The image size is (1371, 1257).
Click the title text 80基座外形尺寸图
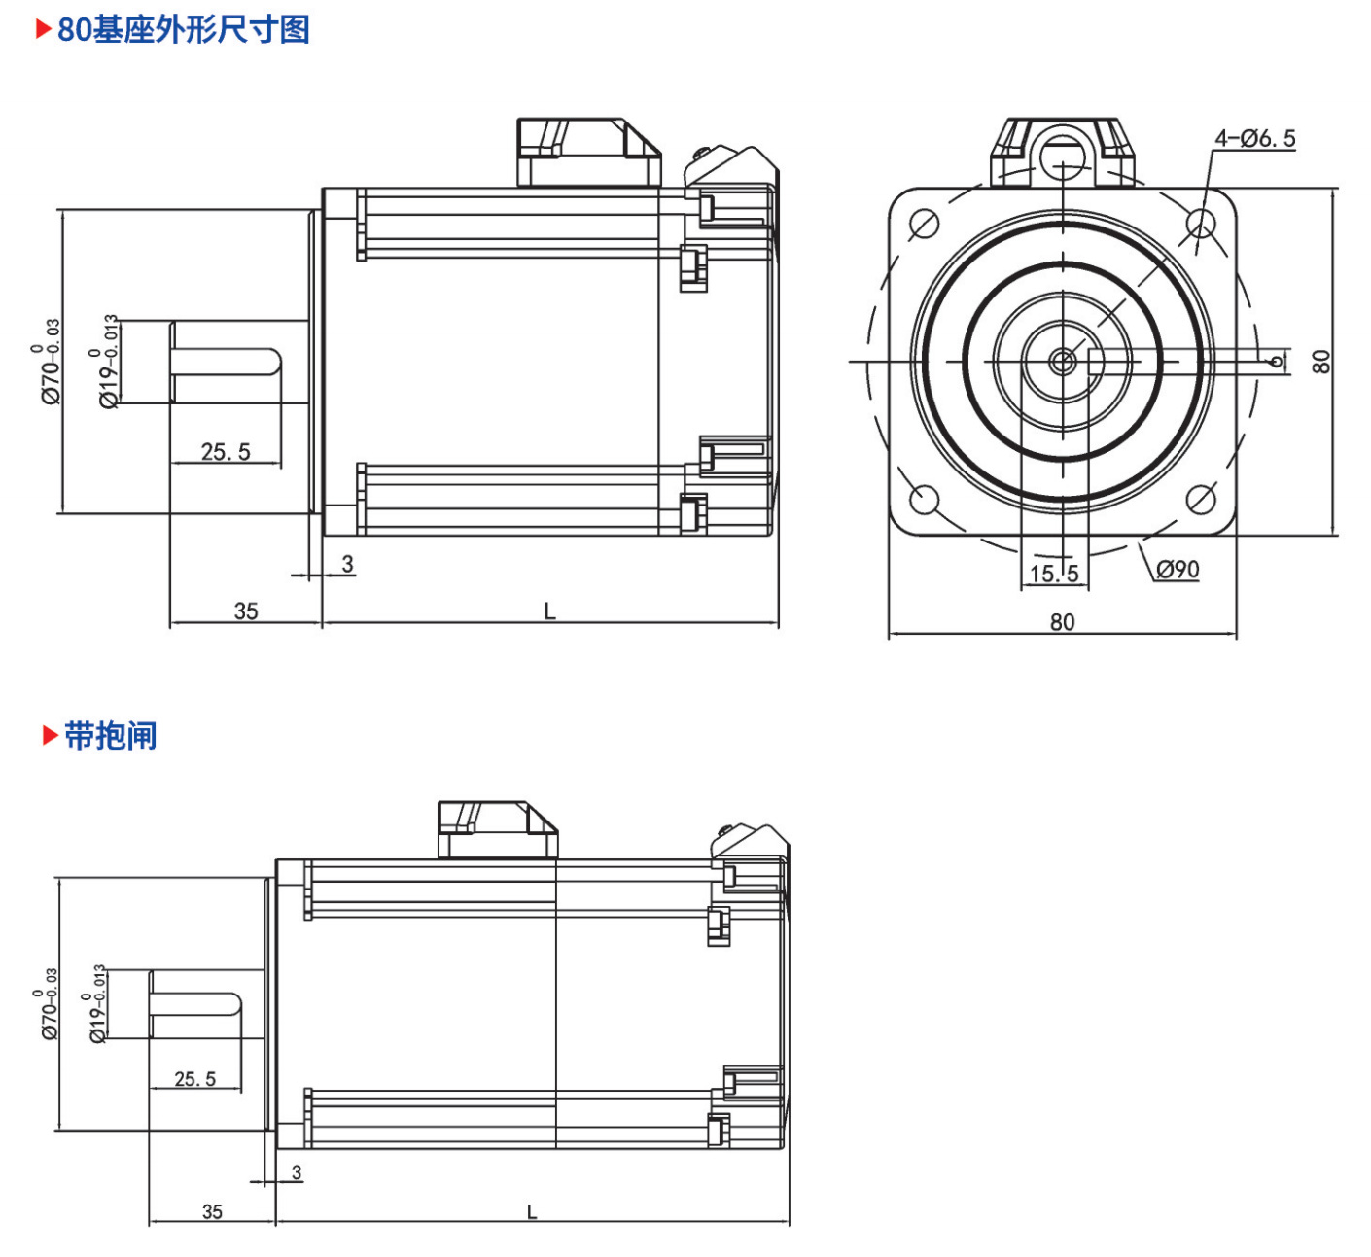[183, 30]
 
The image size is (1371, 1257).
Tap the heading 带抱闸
[110, 736]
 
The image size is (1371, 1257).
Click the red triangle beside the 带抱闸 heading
[50, 736]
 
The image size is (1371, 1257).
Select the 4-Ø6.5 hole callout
[1254, 139]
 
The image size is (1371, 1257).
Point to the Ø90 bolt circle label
[1177, 569]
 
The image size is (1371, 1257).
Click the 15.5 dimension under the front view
[1054, 574]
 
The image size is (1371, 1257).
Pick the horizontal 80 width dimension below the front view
[1062, 622]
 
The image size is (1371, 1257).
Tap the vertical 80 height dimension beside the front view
[1321, 362]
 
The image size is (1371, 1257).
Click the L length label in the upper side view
[549, 611]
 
